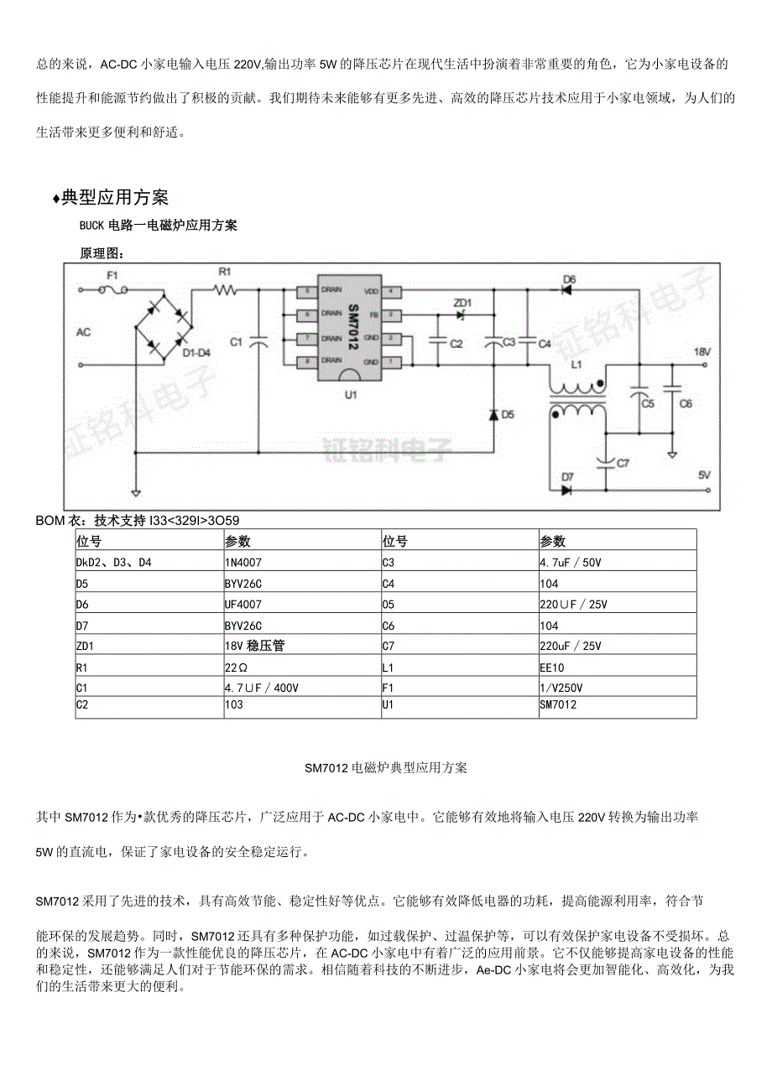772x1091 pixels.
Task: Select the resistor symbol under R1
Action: tap(225, 290)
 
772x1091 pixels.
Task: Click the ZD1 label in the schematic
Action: tap(462, 302)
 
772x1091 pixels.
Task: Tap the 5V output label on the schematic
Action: tap(704, 475)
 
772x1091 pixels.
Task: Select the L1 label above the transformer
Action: tap(576, 366)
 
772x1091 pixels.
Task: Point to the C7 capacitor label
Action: tap(623, 463)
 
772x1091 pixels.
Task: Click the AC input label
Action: tap(83, 332)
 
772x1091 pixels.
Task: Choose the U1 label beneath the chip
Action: tap(351, 394)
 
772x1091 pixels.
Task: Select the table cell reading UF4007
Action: tap(243, 604)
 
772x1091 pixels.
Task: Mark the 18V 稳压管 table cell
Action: tap(252, 646)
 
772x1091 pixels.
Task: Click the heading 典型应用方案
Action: tap(115, 197)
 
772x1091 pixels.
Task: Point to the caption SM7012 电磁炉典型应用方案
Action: tap(386, 767)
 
